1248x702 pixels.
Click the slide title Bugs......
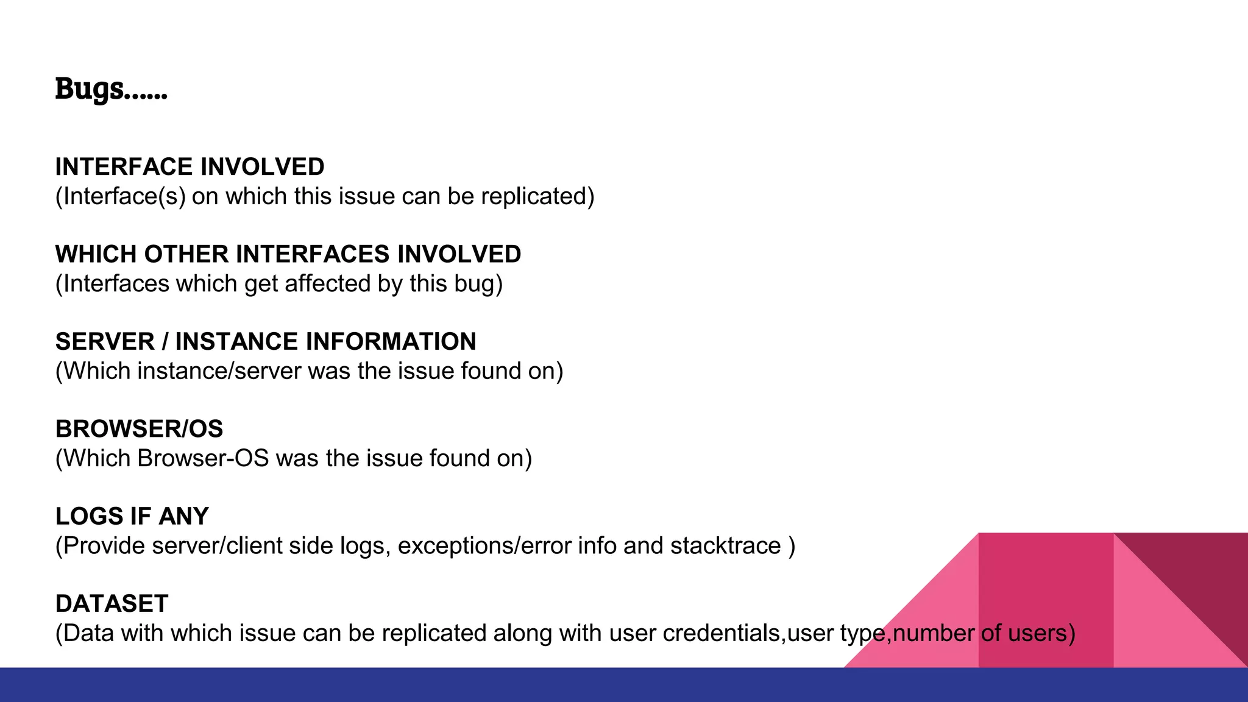pyautogui.click(x=111, y=89)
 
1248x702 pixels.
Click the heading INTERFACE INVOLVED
pyautogui.click(x=190, y=167)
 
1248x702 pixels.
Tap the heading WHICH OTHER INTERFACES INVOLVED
pyautogui.click(x=288, y=254)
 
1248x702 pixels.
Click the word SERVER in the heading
pyautogui.click(x=105, y=342)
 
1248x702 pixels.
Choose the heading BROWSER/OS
pyautogui.click(x=139, y=429)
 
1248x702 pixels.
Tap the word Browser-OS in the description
pyautogui.click(x=203, y=459)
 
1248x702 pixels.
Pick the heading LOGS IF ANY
pyautogui.click(x=132, y=517)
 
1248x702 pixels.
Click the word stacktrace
pyautogui.click(x=725, y=546)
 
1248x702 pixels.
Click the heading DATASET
pyautogui.click(x=112, y=604)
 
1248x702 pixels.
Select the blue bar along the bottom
pyautogui.click(x=624, y=685)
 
